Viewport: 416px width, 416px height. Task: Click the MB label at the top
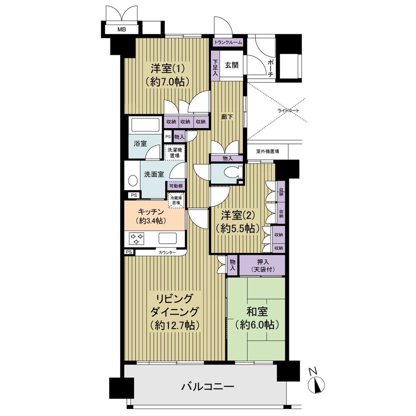tap(121, 30)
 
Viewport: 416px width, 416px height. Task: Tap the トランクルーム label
tap(228, 42)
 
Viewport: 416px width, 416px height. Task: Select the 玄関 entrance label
tap(232, 65)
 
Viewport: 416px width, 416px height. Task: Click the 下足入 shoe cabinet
tap(215, 67)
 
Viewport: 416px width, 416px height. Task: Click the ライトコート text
tap(288, 111)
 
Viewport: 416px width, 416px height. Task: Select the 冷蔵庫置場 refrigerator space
tap(176, 201)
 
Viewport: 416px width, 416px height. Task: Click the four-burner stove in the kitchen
tap(136, 238)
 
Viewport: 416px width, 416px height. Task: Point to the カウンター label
tap(167, 253)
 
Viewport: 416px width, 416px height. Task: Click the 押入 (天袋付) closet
tap(261, 266)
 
